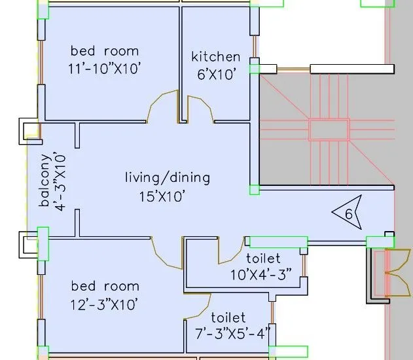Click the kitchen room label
[216, 57]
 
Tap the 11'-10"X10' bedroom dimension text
[104, 69]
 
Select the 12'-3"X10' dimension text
[104, 305]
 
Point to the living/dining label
[168, 178]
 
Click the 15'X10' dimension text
[162, 196]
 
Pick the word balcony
[45, 180]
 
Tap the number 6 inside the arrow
[348, 214]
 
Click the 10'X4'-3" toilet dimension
[261, 275]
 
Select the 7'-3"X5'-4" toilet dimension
[232, 334]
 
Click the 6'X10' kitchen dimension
[216, 75]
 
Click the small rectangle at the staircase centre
[329, 130]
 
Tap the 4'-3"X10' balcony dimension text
[60, 181]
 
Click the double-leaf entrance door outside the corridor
[398, 273]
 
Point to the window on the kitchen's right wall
[255, 46]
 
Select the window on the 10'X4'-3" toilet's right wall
[304, 266]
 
